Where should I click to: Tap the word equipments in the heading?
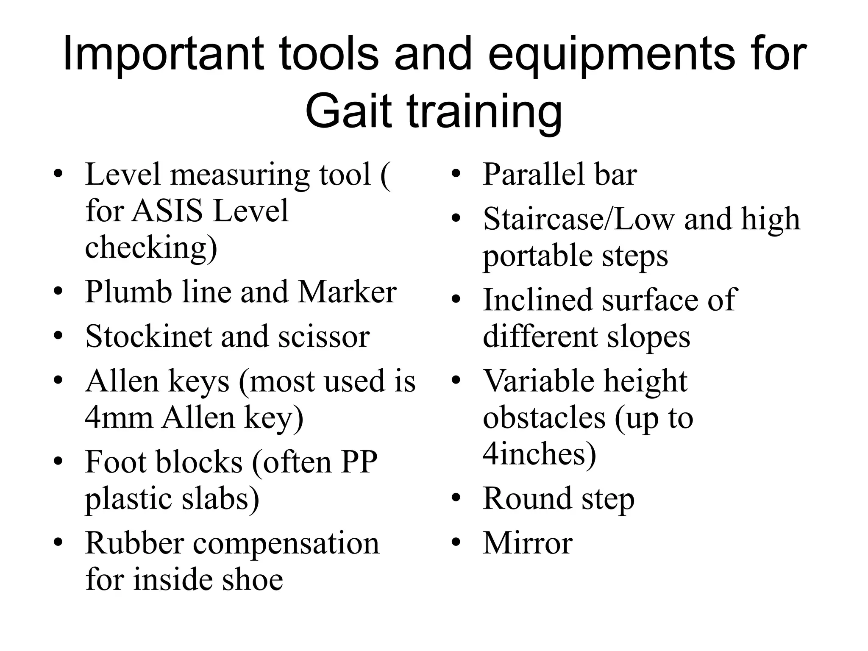[611, 54]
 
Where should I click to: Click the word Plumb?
[128, 292]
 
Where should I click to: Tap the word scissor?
[324, 337]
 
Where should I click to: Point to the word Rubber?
[135, 543]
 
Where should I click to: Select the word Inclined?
[538, 300]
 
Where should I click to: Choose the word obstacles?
[544, 417]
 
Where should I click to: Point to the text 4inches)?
[539, 454]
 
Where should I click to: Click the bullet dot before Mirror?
[456, 543]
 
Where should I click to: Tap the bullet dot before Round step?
[456, 498]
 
